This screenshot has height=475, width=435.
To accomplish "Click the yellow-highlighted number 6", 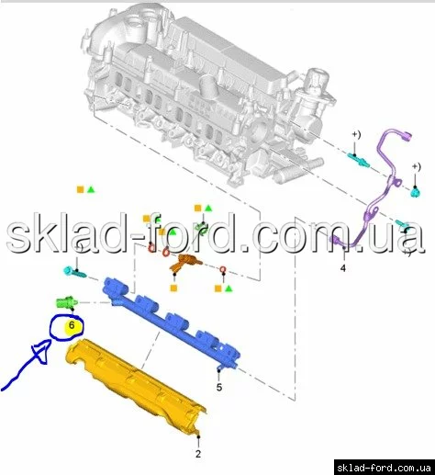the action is tap(72, 325).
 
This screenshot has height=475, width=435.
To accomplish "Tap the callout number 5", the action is tap(219, 388).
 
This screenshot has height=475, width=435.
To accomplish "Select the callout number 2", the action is tap(198, 454).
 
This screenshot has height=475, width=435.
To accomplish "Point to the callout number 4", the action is tap(343, 268).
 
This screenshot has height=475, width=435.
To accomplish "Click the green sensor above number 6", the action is tap(67, 302).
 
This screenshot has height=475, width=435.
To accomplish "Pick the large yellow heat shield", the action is tap(135, 386).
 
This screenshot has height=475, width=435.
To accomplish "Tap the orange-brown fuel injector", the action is tap(184, 263).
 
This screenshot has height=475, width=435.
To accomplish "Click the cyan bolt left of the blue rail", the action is tap(74, 272).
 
